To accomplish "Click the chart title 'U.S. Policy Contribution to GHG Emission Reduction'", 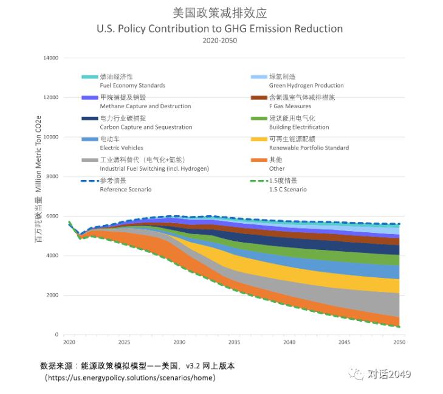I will [x=219, y=29].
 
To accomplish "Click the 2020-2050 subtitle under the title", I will [x=219, y=41].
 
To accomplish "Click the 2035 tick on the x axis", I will [x=234, y=342].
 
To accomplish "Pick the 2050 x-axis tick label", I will [x=399, y=342].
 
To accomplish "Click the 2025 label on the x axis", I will [x=124, y=342].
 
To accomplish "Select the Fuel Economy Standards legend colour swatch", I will [x=89, y=77].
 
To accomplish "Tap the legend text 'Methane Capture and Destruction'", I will [x=145, y=106].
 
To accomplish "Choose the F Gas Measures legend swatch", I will [x=259, y=98].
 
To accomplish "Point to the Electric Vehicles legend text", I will [x=122, y=148].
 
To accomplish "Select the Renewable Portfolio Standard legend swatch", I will [x=259, y=139].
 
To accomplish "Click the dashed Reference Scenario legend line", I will [x=89, y=181].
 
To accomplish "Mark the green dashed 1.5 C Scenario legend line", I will [x=259, y=181].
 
